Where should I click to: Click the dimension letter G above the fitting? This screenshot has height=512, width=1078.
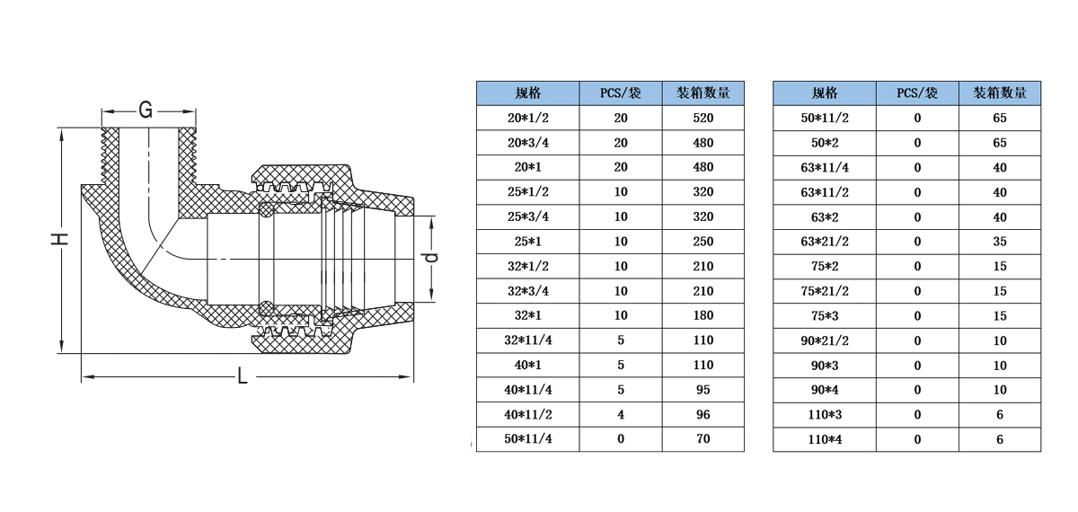click(x=146, y=110)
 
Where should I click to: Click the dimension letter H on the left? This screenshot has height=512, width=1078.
click(x=59, y=239)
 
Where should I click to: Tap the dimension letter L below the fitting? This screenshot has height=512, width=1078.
click(x=243, y=375)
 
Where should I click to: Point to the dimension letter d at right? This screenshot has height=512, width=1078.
click(x=432, y=258)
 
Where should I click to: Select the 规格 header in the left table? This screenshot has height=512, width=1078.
click(x=528, y=93)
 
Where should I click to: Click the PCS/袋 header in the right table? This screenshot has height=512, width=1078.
click(x=917, y=93)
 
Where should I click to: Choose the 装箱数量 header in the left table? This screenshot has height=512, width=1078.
click(x=703, y=93)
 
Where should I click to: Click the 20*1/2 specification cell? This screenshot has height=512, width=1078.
click(x=528, y=118)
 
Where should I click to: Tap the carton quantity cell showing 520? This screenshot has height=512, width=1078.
click(x=703, y=118)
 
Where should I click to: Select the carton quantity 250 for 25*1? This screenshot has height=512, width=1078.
click(x=703, y=242)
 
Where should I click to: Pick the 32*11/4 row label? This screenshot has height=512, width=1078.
click(x=528, y=340)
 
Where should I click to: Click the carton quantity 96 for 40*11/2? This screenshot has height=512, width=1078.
click(x=703, y=414)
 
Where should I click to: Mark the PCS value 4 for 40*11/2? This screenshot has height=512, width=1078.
click(x=621, y=414)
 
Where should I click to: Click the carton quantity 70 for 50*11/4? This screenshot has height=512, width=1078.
click(x=703, y=439)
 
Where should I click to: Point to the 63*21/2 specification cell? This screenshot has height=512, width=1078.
click(x=825, y=242)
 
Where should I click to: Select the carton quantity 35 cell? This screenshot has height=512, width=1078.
click(x=1000, y=242)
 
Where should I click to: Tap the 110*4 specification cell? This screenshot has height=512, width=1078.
click(x=825, y=439)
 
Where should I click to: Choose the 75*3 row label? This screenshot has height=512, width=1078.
click(x=825, y=316)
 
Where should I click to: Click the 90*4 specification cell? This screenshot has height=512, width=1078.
click(x=825, y=390)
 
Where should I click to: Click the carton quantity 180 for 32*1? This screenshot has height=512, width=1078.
click(x=703, y=315)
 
